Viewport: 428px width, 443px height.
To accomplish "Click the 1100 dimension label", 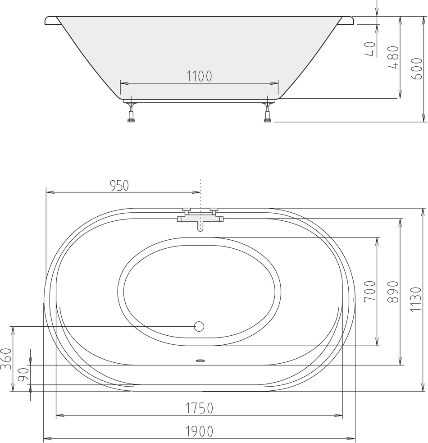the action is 199,76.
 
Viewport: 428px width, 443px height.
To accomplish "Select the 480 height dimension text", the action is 393,57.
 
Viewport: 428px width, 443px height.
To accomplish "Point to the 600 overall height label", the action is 417,69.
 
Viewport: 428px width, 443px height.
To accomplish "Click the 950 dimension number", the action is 119,186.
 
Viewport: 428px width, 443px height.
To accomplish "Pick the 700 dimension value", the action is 370,291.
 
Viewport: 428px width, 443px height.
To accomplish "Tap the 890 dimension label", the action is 393,292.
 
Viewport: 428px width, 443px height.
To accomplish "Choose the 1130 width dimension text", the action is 416,299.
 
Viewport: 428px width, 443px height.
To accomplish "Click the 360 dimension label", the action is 6,359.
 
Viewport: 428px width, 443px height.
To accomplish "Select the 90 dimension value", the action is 24,375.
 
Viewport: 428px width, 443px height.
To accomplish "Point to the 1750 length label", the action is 199,408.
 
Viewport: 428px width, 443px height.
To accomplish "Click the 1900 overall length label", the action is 199,431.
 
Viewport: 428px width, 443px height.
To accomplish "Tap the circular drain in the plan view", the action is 199,326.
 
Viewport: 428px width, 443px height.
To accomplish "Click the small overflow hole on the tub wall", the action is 200,361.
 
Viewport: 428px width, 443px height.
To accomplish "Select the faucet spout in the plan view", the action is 200,226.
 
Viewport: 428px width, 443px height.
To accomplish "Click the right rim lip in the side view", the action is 346,22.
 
